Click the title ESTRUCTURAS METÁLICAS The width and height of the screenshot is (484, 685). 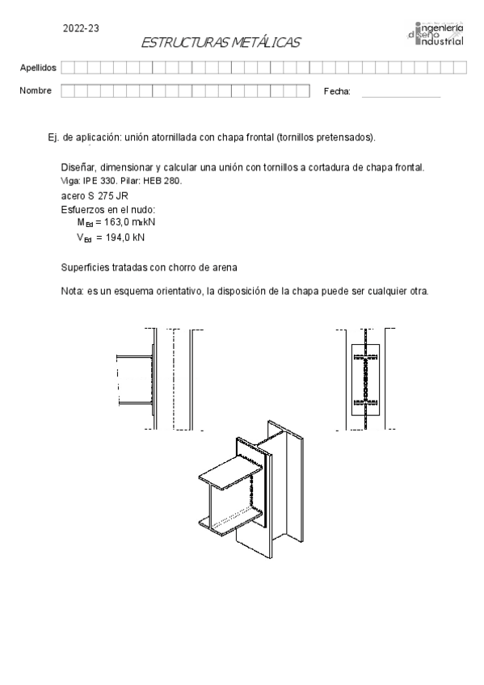[221, 42]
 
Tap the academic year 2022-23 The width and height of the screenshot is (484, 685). [81, 28]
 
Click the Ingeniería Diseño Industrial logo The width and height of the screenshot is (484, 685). [435, 33]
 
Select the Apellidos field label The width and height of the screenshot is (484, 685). [38, 68]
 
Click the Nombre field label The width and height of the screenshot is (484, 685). [36, 90]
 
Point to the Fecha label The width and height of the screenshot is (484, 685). [337, 91]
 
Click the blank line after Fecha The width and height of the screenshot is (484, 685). [401, 97]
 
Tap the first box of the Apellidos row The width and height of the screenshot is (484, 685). [68, 67]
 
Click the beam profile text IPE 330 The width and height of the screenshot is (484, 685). [100, 181]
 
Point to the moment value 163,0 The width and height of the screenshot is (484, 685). [116, 222]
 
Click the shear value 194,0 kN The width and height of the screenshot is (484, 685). [125, 237]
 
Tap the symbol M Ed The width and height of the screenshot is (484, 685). [85, 222]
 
